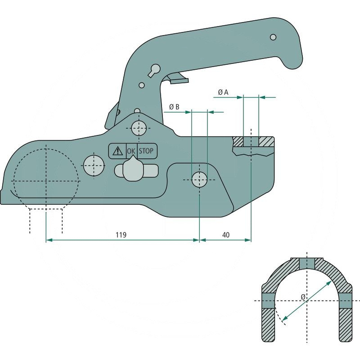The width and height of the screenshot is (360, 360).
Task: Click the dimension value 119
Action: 120,235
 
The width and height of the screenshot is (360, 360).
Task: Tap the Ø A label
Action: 223,92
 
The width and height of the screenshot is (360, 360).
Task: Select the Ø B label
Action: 174,107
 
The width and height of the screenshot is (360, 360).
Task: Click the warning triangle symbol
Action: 117,151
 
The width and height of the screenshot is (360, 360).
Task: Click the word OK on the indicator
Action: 131,151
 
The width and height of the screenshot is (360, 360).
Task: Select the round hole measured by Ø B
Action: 199,180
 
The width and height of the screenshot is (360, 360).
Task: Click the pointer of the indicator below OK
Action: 131,170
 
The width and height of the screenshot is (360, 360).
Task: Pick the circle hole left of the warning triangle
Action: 93,165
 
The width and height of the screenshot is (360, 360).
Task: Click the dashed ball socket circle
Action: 46,180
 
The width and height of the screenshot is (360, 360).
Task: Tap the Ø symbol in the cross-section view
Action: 303,297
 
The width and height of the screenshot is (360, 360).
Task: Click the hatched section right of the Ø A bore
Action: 266,142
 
